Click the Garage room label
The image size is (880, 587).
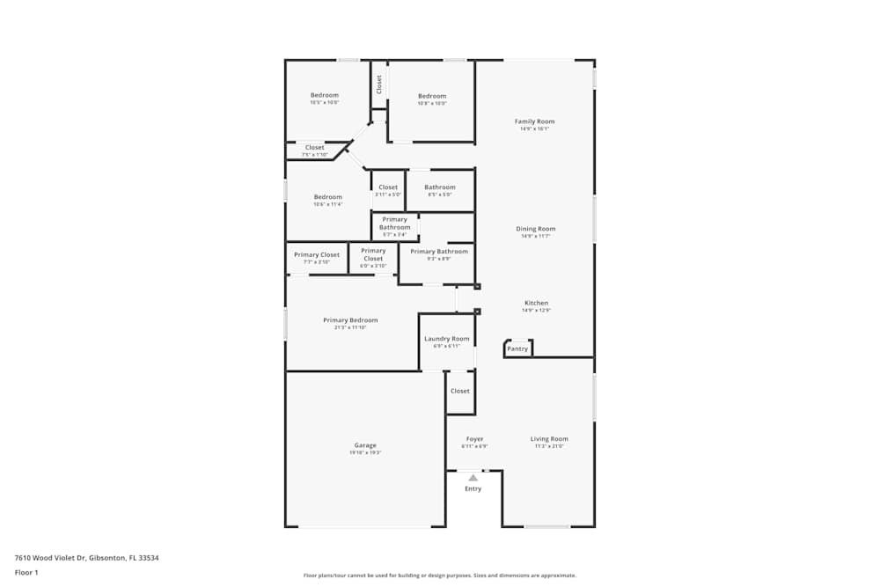365,445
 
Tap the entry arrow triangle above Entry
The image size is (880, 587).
473,478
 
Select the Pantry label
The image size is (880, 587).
518,349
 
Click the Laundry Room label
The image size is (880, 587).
447,339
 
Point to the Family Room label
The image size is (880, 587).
534,121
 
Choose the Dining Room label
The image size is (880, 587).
535,229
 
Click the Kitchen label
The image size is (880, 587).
535,303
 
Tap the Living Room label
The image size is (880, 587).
549,438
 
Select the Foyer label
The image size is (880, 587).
474,438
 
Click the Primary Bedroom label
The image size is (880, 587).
350,320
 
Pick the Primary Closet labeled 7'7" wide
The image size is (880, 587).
317,255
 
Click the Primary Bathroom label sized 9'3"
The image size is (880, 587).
439,252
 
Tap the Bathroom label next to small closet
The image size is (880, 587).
440,187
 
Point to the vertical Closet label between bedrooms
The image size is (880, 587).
379,84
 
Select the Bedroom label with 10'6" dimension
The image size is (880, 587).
328,197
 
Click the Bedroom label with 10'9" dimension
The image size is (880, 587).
432,96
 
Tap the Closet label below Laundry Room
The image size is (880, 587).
460,391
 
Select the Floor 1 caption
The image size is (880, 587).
26,572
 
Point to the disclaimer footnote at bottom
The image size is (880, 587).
439,576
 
